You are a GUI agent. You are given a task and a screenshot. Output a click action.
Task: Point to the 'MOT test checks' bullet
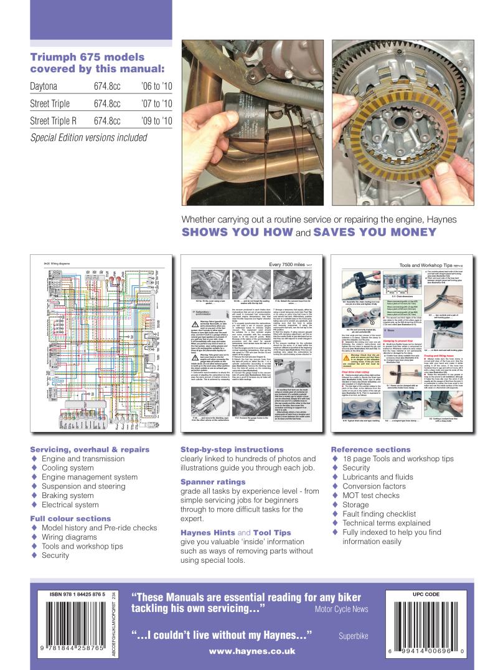click(371, 495)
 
